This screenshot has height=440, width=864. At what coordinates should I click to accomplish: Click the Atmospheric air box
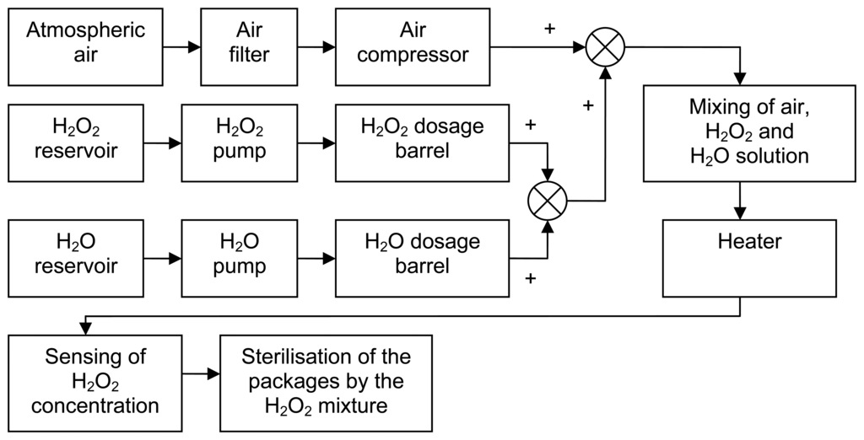(85, 48)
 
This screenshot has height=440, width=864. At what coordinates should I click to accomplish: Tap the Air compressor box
(413, 48)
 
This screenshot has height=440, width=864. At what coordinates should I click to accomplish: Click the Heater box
(749, 258)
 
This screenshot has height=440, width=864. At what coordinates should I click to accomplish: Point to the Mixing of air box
(749, 133)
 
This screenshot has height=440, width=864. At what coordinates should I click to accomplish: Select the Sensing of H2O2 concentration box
(95, 384)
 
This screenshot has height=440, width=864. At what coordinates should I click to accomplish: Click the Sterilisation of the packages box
(326, 384)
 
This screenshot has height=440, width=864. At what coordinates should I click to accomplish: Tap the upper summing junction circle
(605, 48)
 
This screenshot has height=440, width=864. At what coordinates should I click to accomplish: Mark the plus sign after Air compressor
(550, 29)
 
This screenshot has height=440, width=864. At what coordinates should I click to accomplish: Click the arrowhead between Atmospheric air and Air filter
(193, 48)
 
